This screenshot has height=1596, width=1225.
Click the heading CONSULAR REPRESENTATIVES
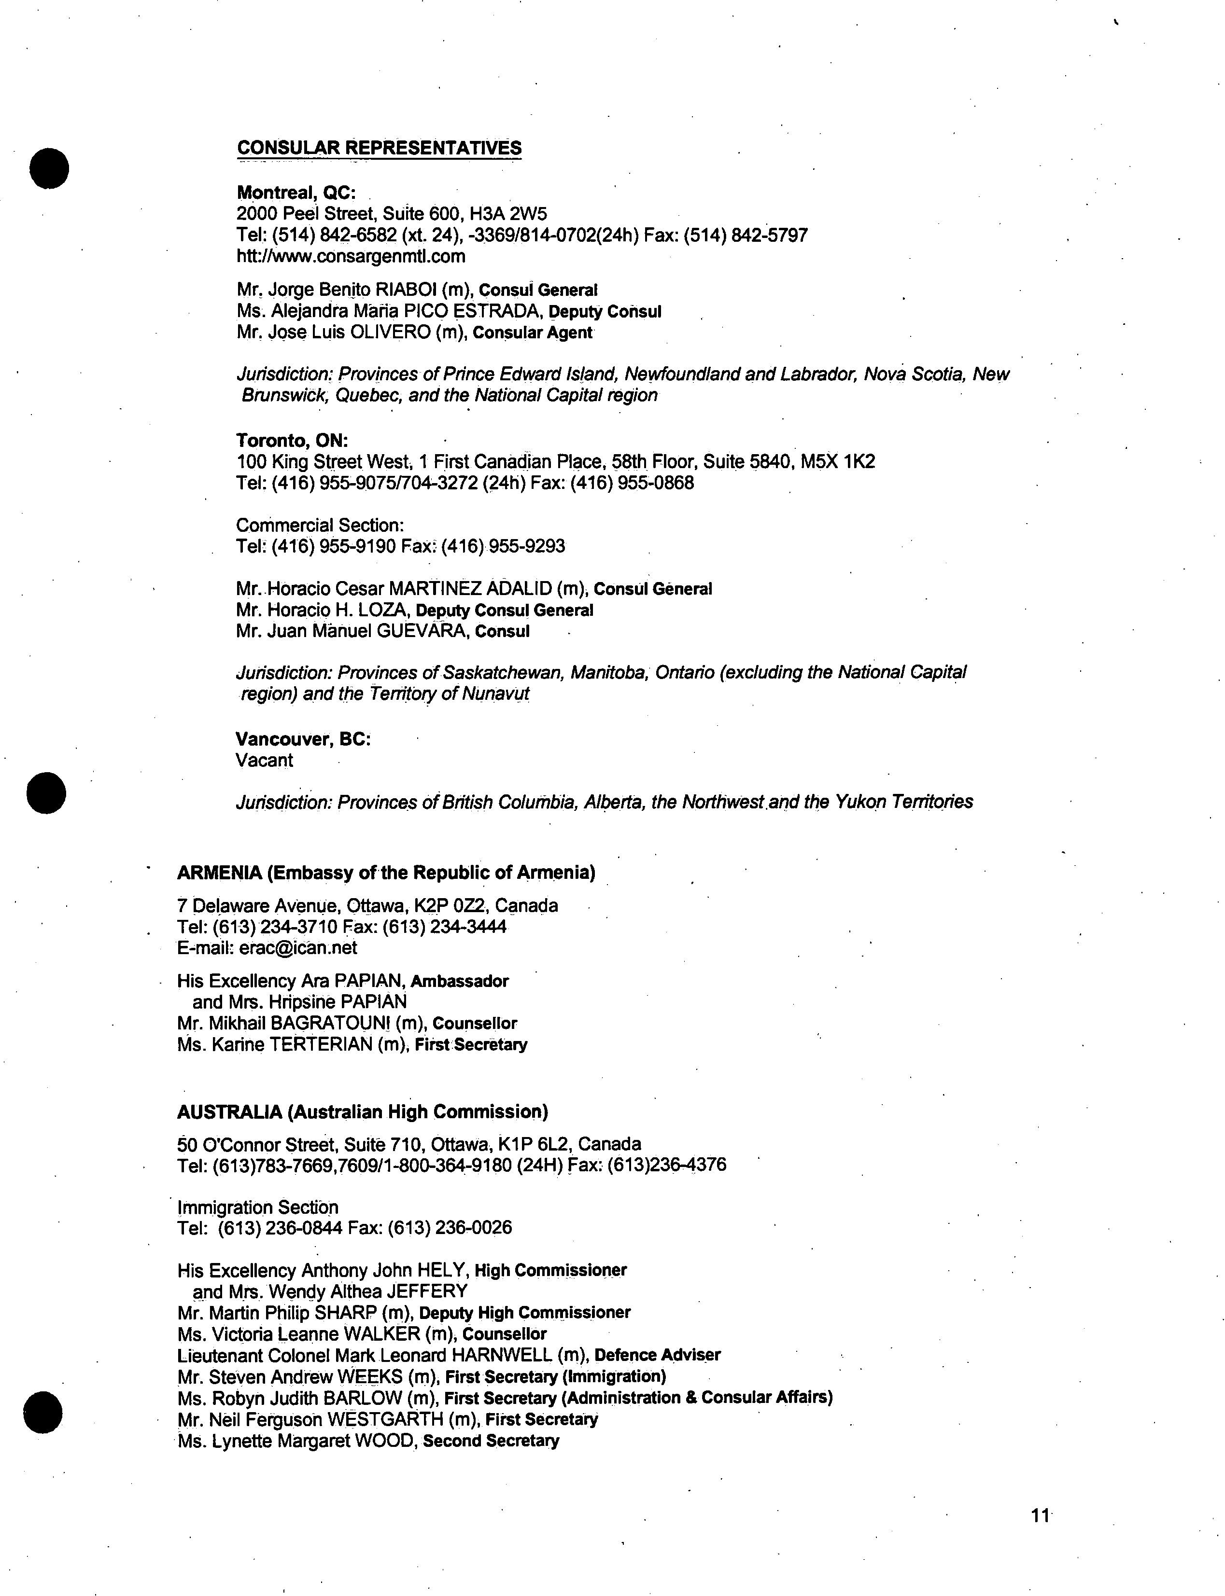point(379,148)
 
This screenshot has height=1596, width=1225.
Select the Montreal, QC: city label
point(296,193)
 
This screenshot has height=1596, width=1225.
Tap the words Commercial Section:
point(319,526)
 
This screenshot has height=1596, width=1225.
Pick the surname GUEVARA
point(421,631)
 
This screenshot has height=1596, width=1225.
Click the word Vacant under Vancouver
point(264,760)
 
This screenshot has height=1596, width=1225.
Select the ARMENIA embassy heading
point(386,873)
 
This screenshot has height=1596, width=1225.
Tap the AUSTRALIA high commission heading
point(363,1111)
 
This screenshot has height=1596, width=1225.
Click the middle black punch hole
point(46,792)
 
